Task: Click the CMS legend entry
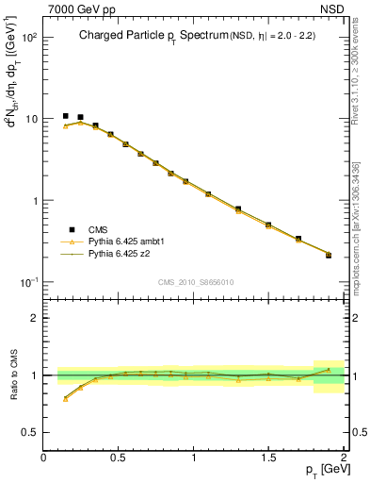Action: [x=98, y=230]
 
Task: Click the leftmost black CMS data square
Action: [x=65, y=116]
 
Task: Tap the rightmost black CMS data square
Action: [x=329, y=255]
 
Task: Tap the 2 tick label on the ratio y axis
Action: [x=35, y=318]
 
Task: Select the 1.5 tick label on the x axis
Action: [x=269, y=458]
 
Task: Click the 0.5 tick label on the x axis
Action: [x=119, y=458]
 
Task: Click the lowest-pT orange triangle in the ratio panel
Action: [x=65, y=398]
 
